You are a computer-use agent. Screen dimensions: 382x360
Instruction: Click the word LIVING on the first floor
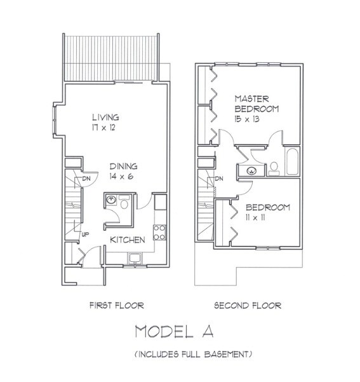105,117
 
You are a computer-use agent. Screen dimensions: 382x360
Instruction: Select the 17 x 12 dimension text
105,127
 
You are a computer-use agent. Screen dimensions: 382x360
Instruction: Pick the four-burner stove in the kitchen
161,232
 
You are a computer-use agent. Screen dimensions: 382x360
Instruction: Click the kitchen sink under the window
135,257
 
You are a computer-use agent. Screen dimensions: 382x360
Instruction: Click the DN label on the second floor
219,179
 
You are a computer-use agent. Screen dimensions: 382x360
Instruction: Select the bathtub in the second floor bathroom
291,162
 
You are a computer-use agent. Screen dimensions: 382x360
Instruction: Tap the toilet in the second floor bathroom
274,167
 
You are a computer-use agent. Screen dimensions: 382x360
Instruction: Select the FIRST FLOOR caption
117,306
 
